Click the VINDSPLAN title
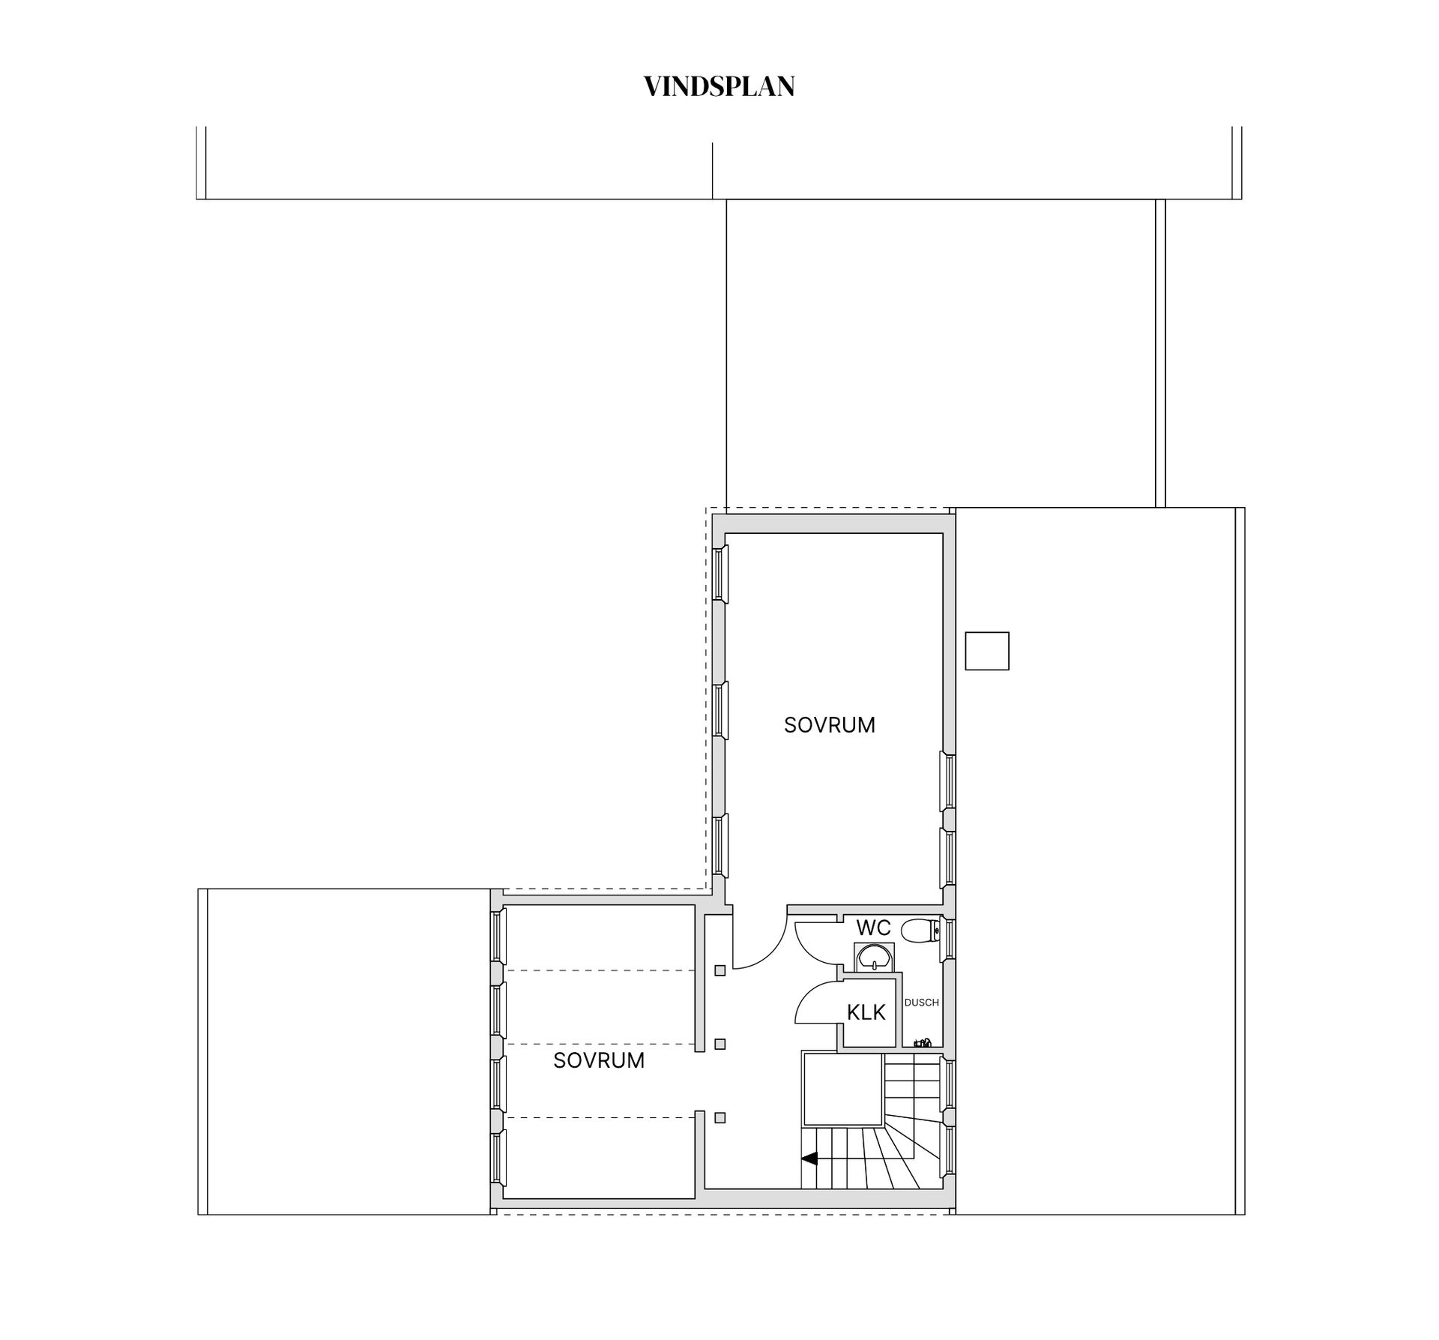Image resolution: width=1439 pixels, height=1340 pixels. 719,87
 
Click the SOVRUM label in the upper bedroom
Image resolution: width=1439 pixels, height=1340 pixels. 829,725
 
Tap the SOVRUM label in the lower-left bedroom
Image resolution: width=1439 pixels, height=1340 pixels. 599,1060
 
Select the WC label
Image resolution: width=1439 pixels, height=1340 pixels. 873,928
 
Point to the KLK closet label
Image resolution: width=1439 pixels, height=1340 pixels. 866,1012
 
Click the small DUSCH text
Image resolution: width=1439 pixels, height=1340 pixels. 921,1003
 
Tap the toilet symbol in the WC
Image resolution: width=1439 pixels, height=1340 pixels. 919,931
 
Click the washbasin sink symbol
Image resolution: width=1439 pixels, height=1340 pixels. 874,958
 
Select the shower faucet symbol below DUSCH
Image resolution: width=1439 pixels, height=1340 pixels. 923,1042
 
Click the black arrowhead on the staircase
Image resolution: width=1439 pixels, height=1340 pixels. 809,1159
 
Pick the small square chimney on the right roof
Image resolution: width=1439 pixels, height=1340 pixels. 986,651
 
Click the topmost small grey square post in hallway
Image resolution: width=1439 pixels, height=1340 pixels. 719,970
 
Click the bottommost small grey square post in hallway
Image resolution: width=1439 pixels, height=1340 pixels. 719,1118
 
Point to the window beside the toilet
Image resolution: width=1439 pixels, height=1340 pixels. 949,939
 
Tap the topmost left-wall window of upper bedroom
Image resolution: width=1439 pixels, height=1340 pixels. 720,574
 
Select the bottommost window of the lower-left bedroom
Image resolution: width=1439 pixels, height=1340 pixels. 498,1159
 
